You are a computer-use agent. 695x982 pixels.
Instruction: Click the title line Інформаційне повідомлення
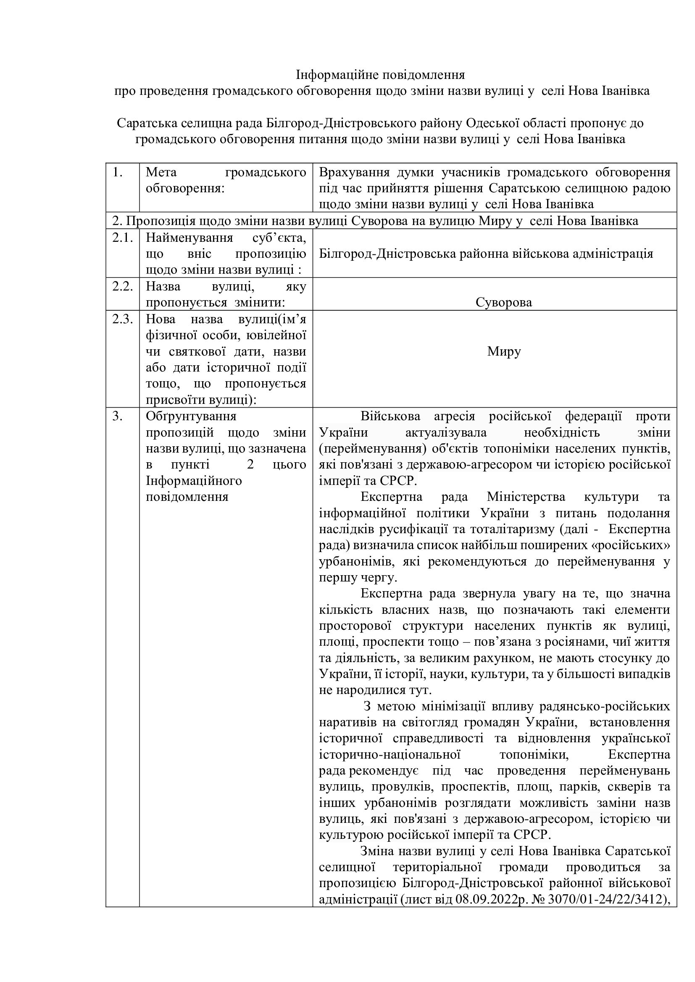380,75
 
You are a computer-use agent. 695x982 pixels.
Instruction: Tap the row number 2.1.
123,237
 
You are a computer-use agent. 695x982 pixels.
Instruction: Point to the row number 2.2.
123,286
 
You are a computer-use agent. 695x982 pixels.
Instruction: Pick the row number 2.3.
123,319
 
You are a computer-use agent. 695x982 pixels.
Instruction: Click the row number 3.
117,416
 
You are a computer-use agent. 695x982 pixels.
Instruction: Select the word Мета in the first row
158,173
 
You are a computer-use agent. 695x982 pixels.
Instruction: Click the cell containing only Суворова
503,302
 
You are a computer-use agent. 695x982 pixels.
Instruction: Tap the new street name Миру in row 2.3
504,351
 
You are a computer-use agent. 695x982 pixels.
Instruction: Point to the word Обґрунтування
191,416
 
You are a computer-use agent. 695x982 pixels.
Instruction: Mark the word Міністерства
526,497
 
